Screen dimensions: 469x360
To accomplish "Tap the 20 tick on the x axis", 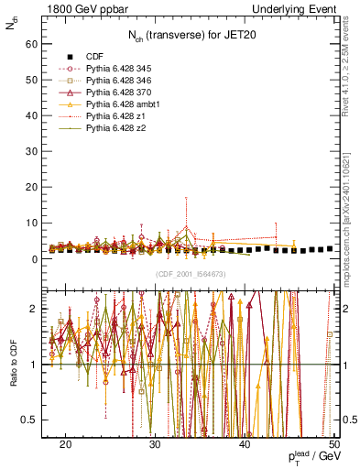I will point(65,444).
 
